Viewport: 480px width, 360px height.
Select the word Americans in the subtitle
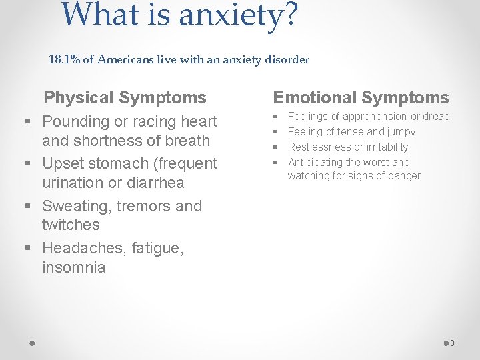(x=126, y=60)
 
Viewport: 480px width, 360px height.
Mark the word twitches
(x=71, y=225)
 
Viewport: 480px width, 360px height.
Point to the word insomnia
(x=73, y=268)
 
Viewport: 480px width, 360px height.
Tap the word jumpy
(x=401, y=132)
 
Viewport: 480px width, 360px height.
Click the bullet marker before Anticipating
(x=275, y=162)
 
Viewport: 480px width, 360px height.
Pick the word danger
(x=403, y=176)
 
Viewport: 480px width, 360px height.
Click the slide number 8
(x=451, y=343)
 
